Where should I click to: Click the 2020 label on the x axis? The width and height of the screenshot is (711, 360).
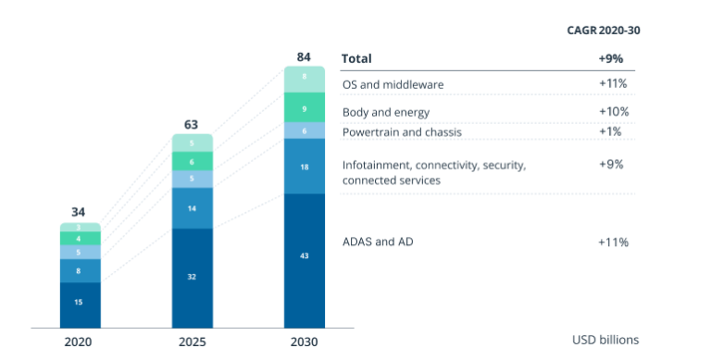click(80, 341)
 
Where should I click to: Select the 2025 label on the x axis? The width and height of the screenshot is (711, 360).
click(192, 341)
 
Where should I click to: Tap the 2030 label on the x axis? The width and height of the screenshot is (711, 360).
click(304, 341)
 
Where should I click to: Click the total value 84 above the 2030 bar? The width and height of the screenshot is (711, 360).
click(304, 57)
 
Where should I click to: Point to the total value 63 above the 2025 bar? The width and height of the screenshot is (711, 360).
click(192, 124)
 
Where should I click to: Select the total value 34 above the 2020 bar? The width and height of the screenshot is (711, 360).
click(80, 212)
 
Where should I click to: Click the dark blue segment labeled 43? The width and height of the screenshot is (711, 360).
click(304, 255)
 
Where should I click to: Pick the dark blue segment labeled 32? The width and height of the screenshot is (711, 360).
click(192, 276)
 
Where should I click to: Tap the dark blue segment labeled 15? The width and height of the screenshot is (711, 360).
click(80, 303)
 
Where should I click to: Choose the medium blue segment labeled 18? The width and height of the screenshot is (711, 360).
click(304, 166)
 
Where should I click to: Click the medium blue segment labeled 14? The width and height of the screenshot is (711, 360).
click(192, 208)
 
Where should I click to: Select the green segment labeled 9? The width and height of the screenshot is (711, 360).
click(304, 108)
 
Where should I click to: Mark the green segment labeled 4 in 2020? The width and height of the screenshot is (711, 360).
click(80, 239)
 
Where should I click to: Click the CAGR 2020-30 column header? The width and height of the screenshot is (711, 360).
click(604, 30)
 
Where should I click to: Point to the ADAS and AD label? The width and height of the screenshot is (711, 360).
click(379, 242)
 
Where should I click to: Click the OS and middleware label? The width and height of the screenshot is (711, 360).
click(393, 84)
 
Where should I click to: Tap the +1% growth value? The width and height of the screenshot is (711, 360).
click(613, 130)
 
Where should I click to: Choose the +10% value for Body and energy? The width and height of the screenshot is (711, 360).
click(613, 111)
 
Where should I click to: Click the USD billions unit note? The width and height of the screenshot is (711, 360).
click(605, 340)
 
